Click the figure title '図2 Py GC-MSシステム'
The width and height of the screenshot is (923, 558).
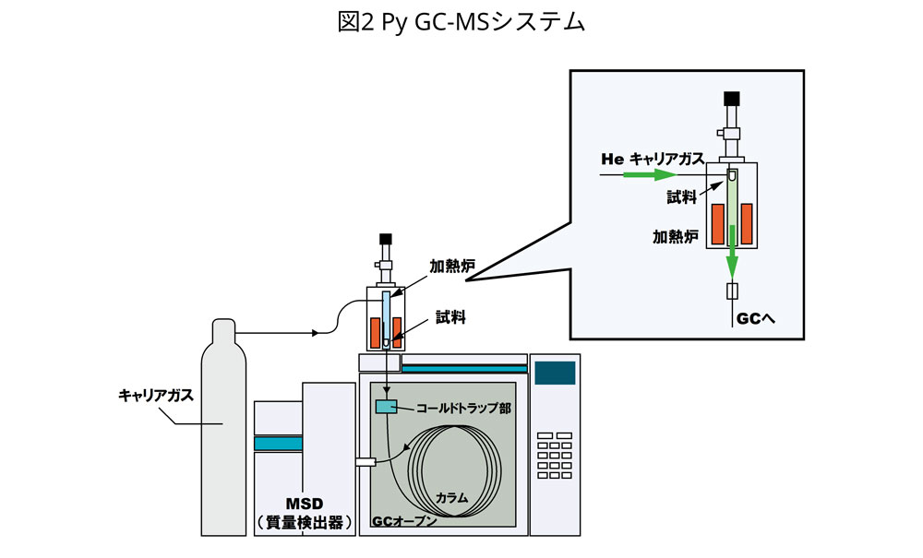(x=461, y=23)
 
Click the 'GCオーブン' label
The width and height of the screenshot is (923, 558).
(x=405, y=521)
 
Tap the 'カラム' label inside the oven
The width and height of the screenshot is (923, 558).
(x=452, y=497)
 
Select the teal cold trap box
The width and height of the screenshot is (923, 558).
(x=386, y=406)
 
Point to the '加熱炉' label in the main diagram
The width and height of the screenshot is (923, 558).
(x=452, y=267)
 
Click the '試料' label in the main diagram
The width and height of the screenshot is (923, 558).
(x=451, y=318)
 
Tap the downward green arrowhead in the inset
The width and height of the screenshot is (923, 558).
(x=731, y=267)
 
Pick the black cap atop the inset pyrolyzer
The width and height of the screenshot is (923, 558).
(x=732, y=98)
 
